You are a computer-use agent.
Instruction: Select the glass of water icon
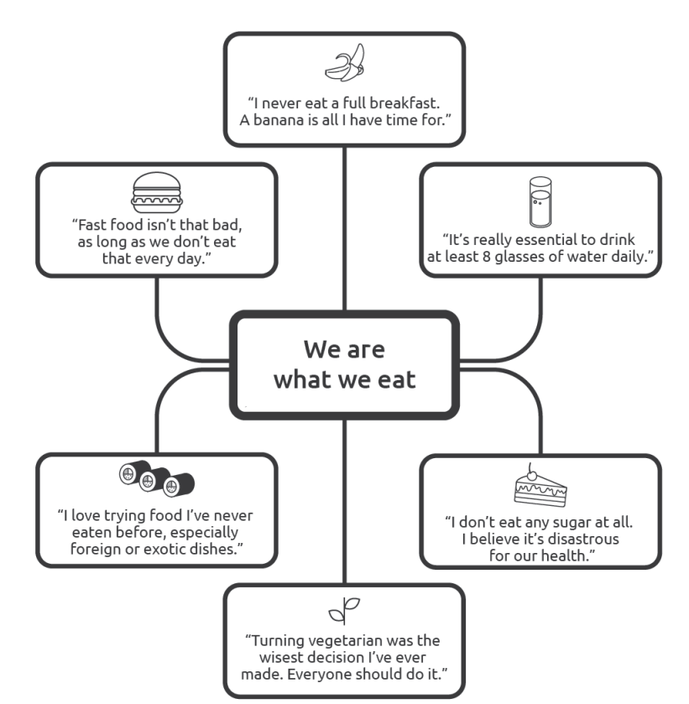coord(540,201)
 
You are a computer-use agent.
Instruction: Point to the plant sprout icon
coord(344,612)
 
